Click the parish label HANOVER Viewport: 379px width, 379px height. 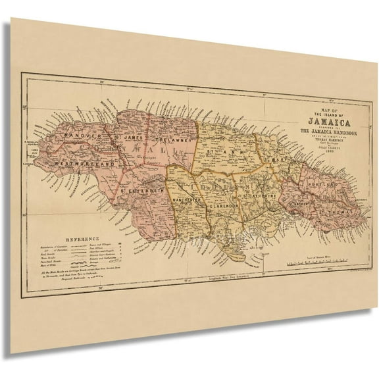click(x=78, y=137)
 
